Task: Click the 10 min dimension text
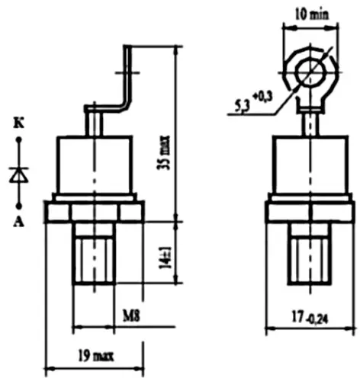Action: pyautogui.click(x=311, y=13)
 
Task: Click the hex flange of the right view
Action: pyautogui.click(x=310, y=210)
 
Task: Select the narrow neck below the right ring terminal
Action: pyautogui.click(x=310, y=120)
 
